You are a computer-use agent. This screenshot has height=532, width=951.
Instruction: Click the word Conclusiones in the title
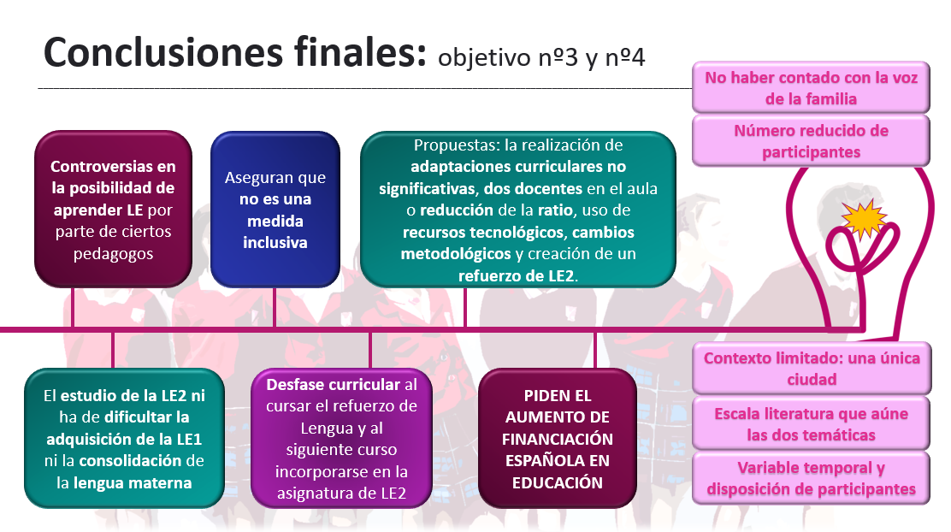(163, 53)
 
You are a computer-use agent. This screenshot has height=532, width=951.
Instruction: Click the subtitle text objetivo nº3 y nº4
(541, 57)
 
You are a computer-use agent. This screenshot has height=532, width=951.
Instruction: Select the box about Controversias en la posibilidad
(114, 210)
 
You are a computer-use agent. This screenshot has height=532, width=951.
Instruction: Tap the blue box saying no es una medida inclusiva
(275, 210)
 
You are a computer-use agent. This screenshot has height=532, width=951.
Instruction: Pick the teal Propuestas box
(518, 210)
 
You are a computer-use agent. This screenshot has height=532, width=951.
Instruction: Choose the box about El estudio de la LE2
(124, 439)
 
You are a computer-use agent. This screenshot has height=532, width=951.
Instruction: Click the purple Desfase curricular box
(341, 439)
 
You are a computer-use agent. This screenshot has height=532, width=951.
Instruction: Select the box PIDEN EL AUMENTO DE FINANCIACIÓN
(558, 439)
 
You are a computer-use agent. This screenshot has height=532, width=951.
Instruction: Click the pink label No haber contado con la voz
(811, 88)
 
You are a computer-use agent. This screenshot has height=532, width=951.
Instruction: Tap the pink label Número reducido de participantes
(811, 141)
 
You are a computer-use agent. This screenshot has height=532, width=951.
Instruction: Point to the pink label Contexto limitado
(812, 369)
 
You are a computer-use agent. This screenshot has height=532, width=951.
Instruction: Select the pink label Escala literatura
(811, 424)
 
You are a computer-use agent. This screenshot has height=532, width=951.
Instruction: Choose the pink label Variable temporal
(811, 478)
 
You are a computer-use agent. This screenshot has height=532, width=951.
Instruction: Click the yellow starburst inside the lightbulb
(865, 218)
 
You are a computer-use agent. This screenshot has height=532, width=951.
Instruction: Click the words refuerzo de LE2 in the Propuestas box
(516, 276)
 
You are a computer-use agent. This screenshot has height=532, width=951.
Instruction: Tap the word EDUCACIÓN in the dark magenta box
(558, 483)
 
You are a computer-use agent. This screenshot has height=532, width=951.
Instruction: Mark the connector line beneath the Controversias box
(73, 308)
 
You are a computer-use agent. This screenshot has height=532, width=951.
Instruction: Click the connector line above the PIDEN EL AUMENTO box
(595, 350)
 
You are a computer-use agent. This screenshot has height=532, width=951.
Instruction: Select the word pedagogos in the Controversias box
(114, 253)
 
